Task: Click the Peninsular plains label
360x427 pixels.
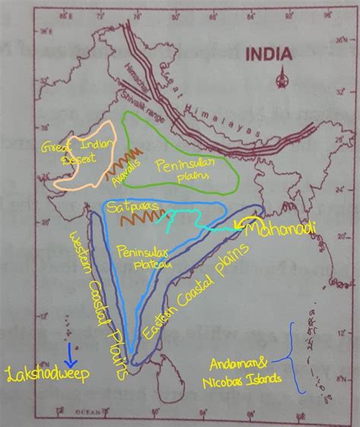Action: (x=182, y=167)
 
